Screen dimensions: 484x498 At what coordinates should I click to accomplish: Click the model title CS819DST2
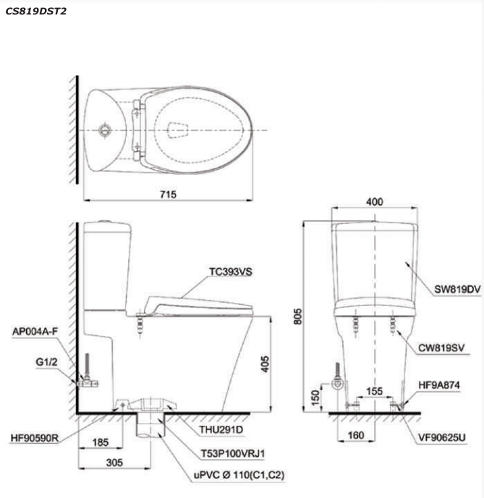36,12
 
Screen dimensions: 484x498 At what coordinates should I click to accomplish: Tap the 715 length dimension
169,194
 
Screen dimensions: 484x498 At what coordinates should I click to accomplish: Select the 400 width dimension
374,202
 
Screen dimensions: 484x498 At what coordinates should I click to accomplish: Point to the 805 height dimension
297,317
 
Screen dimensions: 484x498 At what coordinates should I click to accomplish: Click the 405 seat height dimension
265,364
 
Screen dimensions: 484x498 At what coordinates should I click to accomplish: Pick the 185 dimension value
101,442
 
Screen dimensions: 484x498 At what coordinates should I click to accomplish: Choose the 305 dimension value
114,463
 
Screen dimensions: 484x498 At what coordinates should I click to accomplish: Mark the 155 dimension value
374,391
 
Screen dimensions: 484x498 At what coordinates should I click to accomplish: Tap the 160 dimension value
356,435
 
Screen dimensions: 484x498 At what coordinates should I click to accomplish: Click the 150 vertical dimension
315,398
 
